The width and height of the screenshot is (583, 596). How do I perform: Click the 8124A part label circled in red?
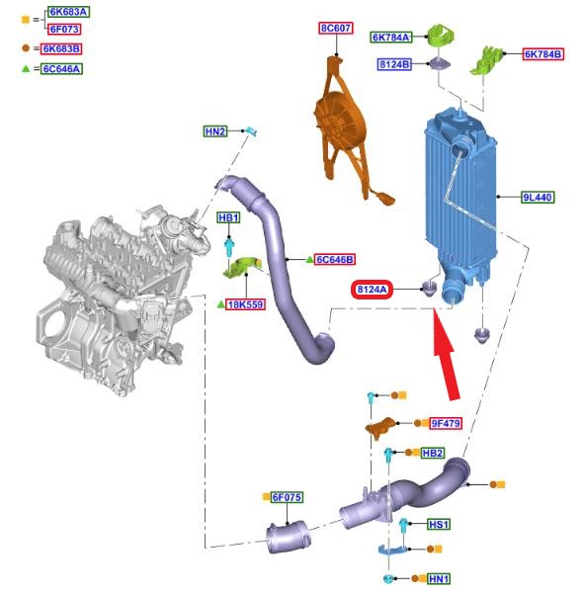(x=372, y=290)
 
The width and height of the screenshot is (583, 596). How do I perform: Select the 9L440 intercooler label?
(x=538, y=198)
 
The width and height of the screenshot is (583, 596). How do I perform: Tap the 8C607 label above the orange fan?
(x=336, y=28)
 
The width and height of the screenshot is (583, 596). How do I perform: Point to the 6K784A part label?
(x=391, y=38)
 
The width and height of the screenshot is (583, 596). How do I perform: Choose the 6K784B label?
(x=542, y=54)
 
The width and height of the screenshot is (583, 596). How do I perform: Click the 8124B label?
(x=394, y=64)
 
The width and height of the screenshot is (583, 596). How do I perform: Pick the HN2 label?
(x=215, y=131)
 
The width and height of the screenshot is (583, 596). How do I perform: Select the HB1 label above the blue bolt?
(x=229, y=217)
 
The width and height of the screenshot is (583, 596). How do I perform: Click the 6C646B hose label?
(x=335, y=260)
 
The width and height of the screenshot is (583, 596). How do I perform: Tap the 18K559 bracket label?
(x=245, y=304)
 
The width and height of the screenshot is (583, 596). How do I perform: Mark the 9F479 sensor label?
(x=446, y=423)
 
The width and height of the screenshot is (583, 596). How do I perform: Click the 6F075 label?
(x=287, y=497)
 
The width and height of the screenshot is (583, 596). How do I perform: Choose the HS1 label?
(x=438, y=525)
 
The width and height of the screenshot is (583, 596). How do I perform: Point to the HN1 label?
(x=439, y=579)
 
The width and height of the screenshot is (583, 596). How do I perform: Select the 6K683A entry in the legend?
(x=68, y=12)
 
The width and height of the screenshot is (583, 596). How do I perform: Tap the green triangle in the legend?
(x=26, y=69)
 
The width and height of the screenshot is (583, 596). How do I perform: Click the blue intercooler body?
(x=460, y=198)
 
